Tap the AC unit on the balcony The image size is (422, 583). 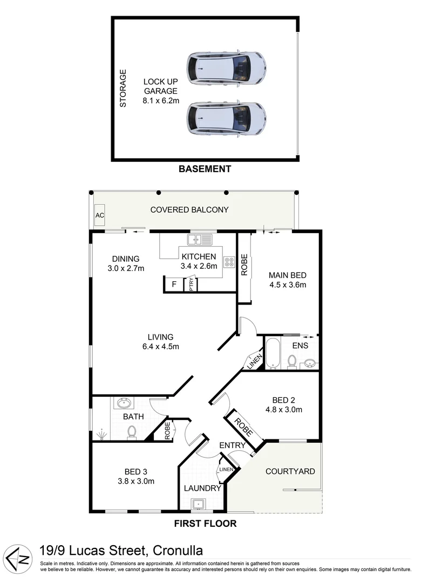point(100,215)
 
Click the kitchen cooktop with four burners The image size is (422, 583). point(229,262)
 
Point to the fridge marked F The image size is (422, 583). point(174,284)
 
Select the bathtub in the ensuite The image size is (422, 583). point(273,354)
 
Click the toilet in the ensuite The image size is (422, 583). point(292,361)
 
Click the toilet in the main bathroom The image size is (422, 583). point(131,431)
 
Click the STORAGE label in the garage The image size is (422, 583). point(123,87)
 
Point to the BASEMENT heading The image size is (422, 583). point(205,169)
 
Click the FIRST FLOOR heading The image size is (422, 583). point(205,523)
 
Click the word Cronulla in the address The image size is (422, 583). point(178,551)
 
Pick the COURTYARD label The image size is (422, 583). point(290,471)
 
